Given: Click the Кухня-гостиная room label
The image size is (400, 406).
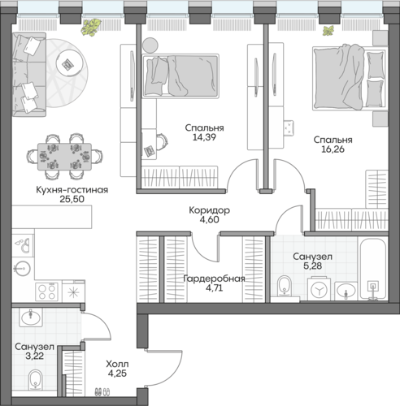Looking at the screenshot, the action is pos(72,190).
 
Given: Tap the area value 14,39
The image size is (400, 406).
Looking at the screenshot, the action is pos(204,137).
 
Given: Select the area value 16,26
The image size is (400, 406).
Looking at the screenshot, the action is pos(333,149).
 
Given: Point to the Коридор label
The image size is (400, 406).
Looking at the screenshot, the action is pos(209,210).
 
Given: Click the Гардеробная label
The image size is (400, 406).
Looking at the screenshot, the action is pos(214,279).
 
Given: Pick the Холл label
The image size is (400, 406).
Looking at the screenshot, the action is pos(117,364).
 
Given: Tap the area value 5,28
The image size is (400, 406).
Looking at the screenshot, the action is pos(313,266).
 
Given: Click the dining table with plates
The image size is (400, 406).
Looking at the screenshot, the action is pos(64,157).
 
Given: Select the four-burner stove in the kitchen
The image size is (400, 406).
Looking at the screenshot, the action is pos(46,292).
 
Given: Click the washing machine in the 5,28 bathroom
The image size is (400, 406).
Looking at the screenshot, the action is pos(320,289).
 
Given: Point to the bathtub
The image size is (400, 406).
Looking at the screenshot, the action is pos(373,269).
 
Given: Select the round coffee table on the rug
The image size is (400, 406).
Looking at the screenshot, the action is pos(70,64).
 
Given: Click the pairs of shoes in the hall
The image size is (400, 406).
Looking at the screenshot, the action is pos(102,392).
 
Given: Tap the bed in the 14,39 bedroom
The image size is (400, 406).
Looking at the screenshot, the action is pos(180,76).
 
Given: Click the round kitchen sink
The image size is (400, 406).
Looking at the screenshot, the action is pos(23,269).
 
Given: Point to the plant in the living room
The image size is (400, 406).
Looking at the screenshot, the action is pos(91,27).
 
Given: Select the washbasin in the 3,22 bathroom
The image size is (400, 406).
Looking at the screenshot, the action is pos(30,317).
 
